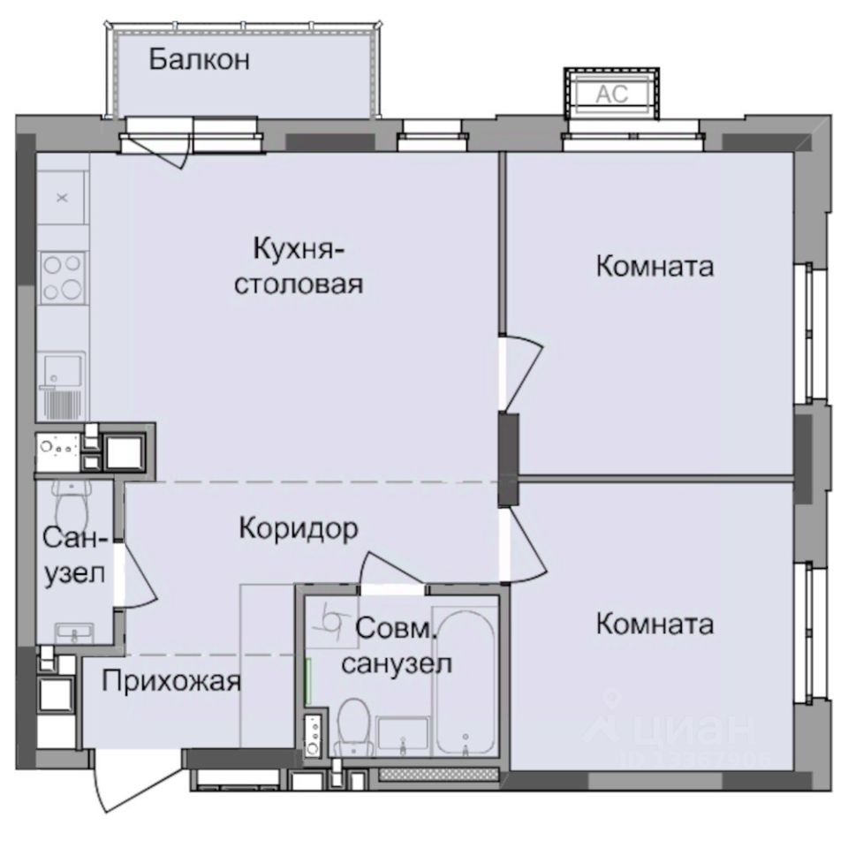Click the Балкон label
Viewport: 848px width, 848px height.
200,60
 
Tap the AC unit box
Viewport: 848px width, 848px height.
611,93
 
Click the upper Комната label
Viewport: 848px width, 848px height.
655,265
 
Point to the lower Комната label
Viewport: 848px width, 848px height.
655,625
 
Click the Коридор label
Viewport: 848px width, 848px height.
299,528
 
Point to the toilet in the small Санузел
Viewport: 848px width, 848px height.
71,503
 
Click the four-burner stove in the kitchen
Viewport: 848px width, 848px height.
62,277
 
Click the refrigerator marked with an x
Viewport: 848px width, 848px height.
62,198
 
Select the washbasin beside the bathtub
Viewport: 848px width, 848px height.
402,735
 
